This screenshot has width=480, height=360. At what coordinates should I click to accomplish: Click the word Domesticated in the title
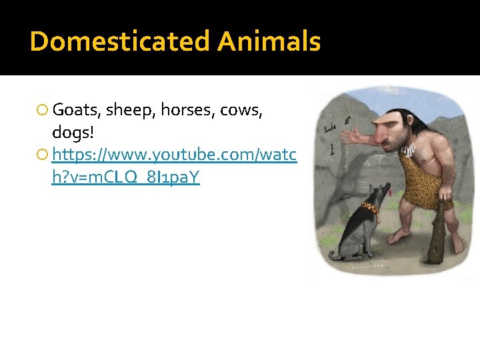(x=120, y=41)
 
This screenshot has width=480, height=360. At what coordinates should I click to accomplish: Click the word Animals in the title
(x=269, y=41)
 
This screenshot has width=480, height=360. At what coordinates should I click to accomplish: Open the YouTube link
(x=173, y=156)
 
